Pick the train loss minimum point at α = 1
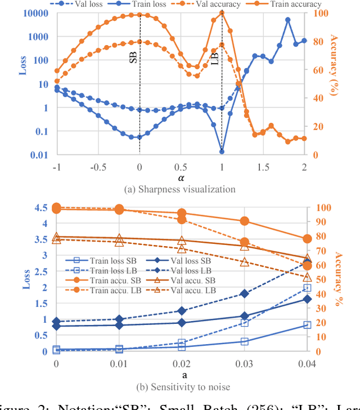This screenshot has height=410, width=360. (222, 151)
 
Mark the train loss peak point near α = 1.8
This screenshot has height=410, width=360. (287, 20)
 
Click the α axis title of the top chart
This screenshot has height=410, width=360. (181, 177)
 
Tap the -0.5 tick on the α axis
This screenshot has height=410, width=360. (97, 167)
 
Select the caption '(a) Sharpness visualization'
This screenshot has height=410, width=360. (180, 189)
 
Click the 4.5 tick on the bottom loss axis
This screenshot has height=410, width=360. (42, 207)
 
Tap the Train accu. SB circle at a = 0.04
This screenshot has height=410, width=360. (307, 239)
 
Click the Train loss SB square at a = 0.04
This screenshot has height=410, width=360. (307, 325)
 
